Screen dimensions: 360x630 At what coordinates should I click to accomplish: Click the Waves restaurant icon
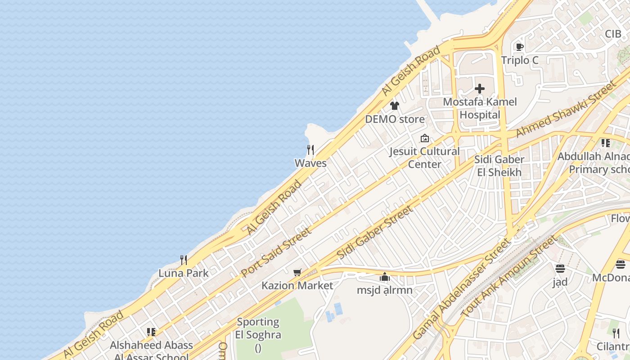310,149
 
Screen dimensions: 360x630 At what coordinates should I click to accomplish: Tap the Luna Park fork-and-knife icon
184,260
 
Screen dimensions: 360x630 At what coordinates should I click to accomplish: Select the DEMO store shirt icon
395,106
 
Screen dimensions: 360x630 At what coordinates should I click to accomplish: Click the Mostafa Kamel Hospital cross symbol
480,89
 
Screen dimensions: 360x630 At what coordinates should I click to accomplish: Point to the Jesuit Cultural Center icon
424,139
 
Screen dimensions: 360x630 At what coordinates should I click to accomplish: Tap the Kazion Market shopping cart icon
297,272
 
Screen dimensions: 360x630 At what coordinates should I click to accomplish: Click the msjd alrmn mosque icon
385,277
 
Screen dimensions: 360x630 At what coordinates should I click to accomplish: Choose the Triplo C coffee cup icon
520,47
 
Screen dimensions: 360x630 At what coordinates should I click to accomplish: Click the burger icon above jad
560,269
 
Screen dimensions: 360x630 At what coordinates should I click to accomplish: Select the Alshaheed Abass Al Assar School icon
151,332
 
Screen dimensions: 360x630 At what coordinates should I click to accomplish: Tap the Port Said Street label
276,252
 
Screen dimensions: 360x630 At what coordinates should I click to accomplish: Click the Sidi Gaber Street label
374,232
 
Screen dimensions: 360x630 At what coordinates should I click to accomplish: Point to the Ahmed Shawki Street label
566,109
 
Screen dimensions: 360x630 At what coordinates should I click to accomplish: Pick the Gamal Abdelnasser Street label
462,289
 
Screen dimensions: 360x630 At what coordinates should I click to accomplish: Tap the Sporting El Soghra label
258,328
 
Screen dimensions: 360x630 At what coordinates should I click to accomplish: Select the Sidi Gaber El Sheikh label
499,166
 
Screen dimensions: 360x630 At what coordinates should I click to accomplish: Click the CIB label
613,34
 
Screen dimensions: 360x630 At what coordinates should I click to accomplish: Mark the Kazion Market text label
297,285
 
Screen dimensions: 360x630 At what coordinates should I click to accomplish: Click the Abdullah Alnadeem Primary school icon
606,143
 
